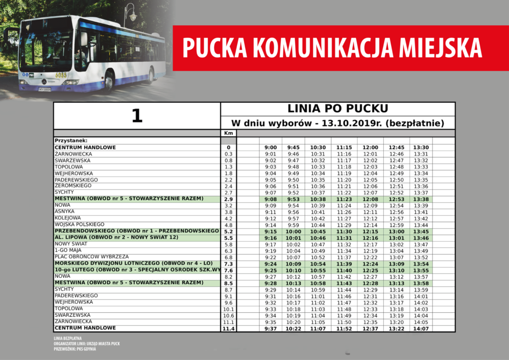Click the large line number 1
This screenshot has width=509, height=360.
(137, 116)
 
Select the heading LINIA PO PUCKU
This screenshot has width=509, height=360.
(338, 109)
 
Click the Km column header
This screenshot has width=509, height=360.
(229, 133)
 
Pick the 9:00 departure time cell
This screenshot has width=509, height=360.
(270, 148)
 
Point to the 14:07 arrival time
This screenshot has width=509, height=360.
(421, 328)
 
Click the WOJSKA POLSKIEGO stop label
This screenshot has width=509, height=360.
(80, 224)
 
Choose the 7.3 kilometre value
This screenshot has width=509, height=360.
(229, 264)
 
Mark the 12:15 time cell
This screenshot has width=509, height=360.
(370, 232)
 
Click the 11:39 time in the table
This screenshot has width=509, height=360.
(343, 264)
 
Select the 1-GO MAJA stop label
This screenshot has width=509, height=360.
(68, 250)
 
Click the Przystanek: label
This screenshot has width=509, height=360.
(71, 141)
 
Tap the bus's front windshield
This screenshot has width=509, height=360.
(47, 48)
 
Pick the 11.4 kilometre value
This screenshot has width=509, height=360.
(229, 328)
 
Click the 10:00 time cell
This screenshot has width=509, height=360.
(293, 232)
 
